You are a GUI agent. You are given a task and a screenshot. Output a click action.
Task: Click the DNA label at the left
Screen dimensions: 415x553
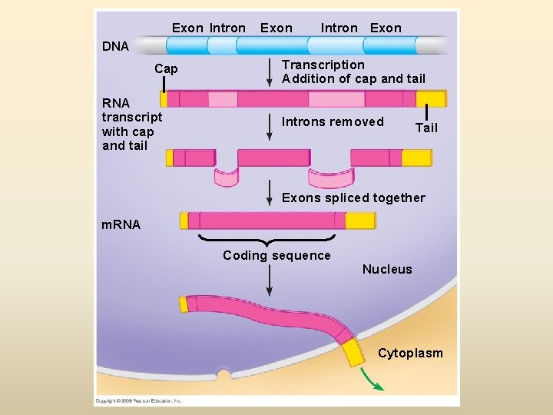pos(116,46)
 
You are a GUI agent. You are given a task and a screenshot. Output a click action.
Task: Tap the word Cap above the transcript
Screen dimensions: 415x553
pos(166,69)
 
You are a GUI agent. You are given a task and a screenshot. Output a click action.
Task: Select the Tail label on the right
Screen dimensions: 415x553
pos(426,128)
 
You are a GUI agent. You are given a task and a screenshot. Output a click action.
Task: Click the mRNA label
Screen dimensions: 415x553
pos(121,224)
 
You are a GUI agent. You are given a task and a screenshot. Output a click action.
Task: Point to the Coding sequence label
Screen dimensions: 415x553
pos(276,256)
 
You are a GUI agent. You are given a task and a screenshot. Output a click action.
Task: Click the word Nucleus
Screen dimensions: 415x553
pos(387,269)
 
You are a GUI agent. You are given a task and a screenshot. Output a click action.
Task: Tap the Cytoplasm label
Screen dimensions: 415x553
pos(410,353)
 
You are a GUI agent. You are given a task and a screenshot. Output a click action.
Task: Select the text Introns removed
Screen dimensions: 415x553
pos(333,121)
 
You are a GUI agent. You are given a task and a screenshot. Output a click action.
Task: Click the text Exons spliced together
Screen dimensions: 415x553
pos(353,198)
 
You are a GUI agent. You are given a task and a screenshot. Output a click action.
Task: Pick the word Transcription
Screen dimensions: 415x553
pos(323,65)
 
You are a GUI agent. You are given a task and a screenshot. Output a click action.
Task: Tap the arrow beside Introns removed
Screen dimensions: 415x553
pos(270,127)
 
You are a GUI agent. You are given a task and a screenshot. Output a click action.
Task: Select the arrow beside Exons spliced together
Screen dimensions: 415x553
pos(270,194)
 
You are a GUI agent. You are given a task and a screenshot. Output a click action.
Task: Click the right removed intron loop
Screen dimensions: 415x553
pos(330,178)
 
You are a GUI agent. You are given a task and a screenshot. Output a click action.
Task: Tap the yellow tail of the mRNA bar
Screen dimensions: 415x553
pos(359,221)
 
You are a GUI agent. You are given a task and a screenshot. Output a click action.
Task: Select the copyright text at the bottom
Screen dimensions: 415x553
pos(138,400)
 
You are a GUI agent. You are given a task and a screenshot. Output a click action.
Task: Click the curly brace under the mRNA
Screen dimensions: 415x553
pos(267,240)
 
